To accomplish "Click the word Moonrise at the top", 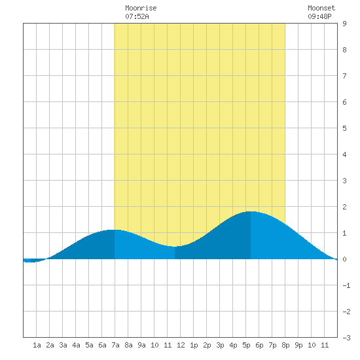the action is (141, 8).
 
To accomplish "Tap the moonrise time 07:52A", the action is (137, 16).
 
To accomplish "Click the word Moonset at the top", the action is (321, 8).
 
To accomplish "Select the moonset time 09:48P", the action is (319, 16).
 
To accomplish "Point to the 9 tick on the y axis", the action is (344, 24).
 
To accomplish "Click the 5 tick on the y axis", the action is (344, 128).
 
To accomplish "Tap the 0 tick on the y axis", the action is (344, 259).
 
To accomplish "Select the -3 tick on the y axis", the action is (346, 338).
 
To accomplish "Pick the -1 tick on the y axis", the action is (346, 285).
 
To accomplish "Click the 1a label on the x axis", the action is (37, 345).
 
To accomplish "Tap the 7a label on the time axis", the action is (115, 345).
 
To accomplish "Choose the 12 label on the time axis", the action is (181, 345).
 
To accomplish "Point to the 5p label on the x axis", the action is (246, 345).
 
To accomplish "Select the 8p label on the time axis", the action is (285, 345).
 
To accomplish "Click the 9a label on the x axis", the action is (141, 345).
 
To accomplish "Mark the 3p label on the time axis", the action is (220, 345).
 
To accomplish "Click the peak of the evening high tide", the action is (251, 211).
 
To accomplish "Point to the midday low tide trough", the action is (175, 247).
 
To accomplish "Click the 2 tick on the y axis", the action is (344, 207).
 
